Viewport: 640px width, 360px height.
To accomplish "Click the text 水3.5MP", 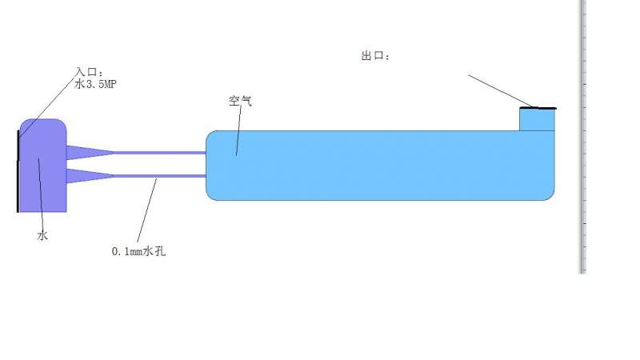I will tap(100, 83).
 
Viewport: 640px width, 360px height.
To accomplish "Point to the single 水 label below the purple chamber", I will tap(42, 235).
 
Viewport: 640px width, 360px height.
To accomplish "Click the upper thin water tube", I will tap(160, 152).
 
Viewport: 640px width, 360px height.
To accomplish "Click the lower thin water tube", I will tap(160, 176).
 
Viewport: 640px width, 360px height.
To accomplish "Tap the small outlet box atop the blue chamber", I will tap(537, 119).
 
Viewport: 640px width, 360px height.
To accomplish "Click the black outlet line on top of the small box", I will tap(538, 108).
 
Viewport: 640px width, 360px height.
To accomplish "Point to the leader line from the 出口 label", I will tap(496, 90).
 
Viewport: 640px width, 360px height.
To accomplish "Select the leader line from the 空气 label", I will tap(238, 132).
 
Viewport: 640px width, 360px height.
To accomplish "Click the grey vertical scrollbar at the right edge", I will tap(583, 136).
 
